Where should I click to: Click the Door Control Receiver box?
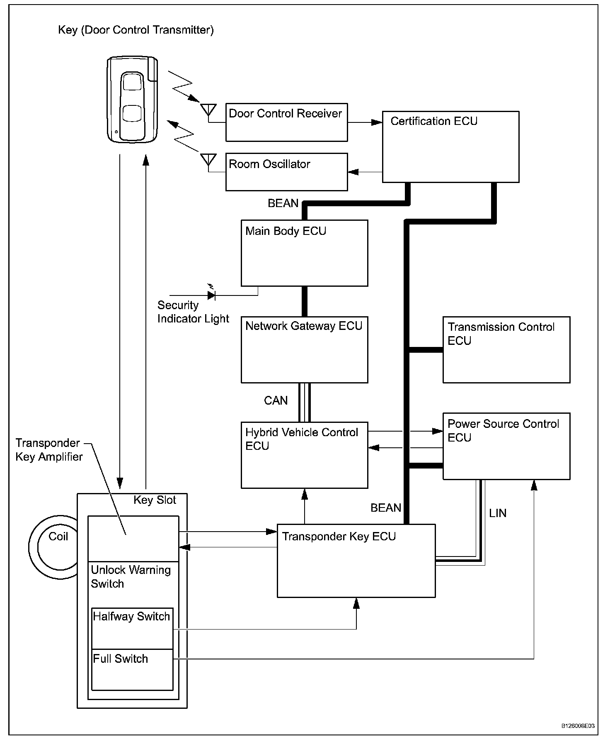pos(286,122)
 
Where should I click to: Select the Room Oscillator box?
pos(286,172)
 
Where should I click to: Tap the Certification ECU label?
pos(434,121)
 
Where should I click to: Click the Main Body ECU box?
pos(304,253)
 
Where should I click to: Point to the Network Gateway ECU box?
pos(304,349)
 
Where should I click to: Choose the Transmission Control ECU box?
pos(506,349)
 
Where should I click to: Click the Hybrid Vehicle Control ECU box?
pos(304,455)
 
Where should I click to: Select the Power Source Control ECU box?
pos(506,446)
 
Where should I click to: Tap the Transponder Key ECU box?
pos(356,561)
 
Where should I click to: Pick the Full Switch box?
pos(132,669)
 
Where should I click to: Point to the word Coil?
pos(58,537)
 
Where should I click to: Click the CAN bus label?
pos(276,400)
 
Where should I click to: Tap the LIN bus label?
pos(497,513)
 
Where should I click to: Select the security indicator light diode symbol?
pos(211,295)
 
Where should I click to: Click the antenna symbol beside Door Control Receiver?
pos(208,110)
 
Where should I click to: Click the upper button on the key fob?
pos(132,82)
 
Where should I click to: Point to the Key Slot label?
pos(155,500)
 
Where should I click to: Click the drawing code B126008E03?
pos(578,726)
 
